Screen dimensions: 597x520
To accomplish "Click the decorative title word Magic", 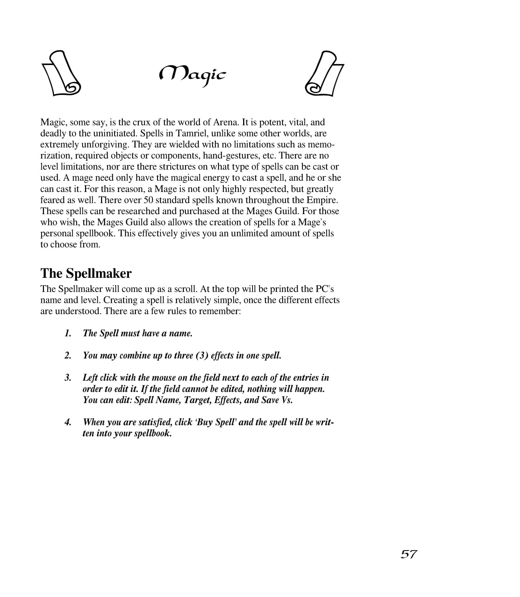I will coord(193,75).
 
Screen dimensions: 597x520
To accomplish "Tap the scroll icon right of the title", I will coord(324,73).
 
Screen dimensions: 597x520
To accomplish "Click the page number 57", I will coord(409,554).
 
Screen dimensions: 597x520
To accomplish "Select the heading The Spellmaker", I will coord(86,273).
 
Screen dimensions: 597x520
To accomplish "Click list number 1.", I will coord(68,333).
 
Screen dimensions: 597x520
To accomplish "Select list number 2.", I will coord(68,356).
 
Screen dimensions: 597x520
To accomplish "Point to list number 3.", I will coord(68,378).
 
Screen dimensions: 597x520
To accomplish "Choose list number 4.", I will coord(68,422).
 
